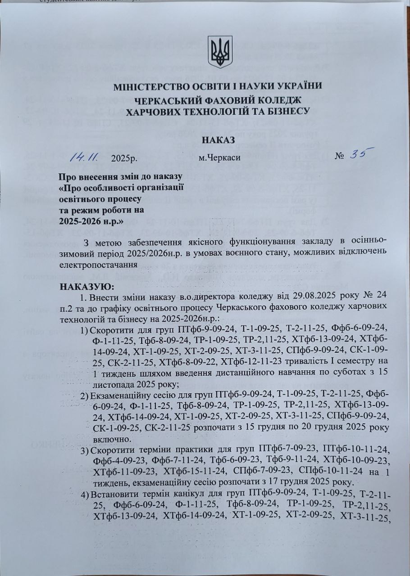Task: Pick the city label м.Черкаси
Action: [x=219, y=158]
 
